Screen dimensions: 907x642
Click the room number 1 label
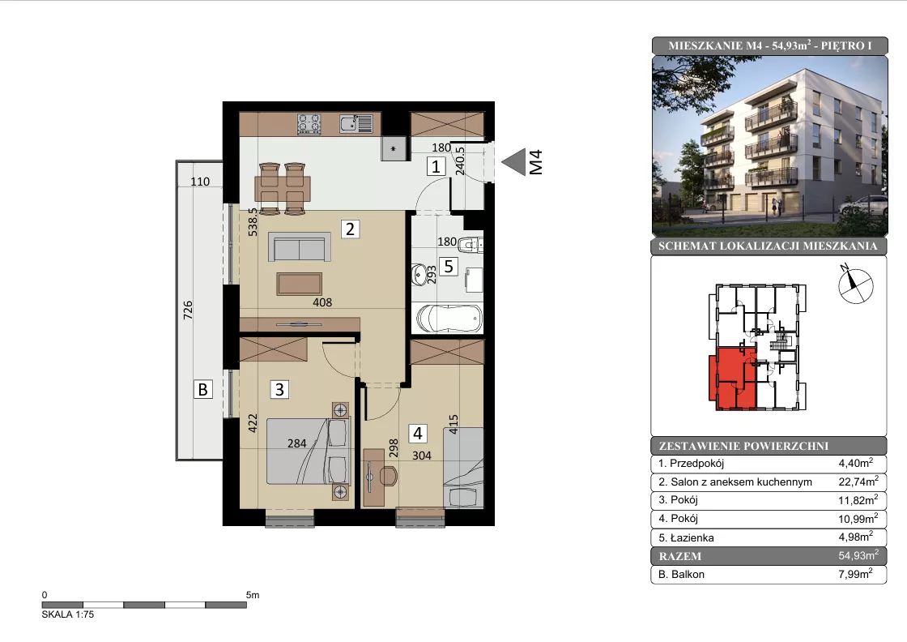[436, 167]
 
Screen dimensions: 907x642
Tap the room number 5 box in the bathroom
[449, 267]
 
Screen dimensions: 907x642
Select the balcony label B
[203, 389]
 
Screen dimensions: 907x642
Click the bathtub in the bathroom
[449, 319]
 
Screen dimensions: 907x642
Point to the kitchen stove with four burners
[309, 124]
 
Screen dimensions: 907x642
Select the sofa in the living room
[299, 247]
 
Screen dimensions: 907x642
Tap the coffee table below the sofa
[299, 284]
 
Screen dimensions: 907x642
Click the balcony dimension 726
[187, 310]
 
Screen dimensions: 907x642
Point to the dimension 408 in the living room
[322, 302]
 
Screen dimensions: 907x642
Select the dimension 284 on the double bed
[296, 443]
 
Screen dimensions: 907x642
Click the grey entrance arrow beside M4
[513, 162]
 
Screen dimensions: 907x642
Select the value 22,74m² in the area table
[858, 481]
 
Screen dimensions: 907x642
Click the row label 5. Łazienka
[686, 537]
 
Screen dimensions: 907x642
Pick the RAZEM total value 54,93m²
[858, 555]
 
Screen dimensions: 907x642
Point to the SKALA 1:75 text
[68, 614]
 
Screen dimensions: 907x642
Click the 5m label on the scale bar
[253, 595]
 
